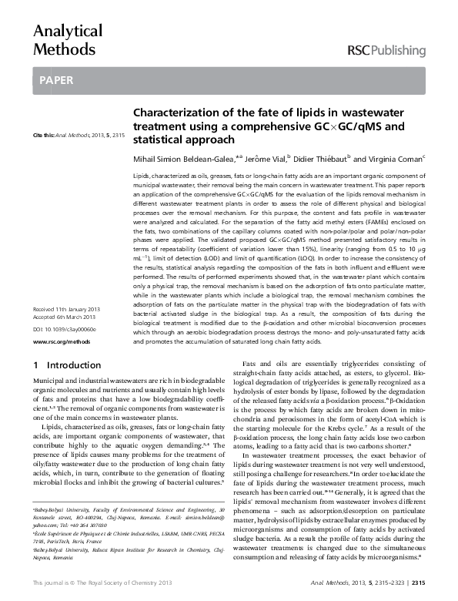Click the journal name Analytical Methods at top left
coord(67,41)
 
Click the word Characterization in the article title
coord(173,112)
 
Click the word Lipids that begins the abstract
coord(142,176)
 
